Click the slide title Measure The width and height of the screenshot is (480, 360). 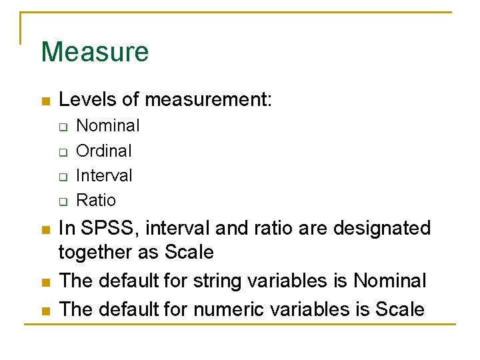point(95,52)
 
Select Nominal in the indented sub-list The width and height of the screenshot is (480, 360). point(108,125)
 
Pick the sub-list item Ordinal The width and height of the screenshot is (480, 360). point(104,151)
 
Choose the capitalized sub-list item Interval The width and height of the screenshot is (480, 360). point(105,175)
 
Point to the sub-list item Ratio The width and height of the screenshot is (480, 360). point(96,200)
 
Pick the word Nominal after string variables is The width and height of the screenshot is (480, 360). point(389,281)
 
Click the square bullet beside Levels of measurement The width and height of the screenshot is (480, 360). point(45,101)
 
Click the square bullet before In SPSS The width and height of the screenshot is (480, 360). point(45,229)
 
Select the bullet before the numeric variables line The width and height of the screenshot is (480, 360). point(45,311)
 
